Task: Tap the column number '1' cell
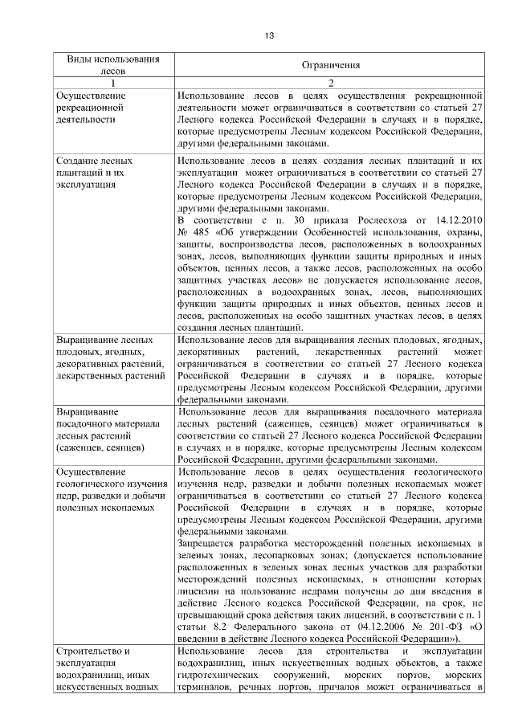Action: [x=112, y=83]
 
